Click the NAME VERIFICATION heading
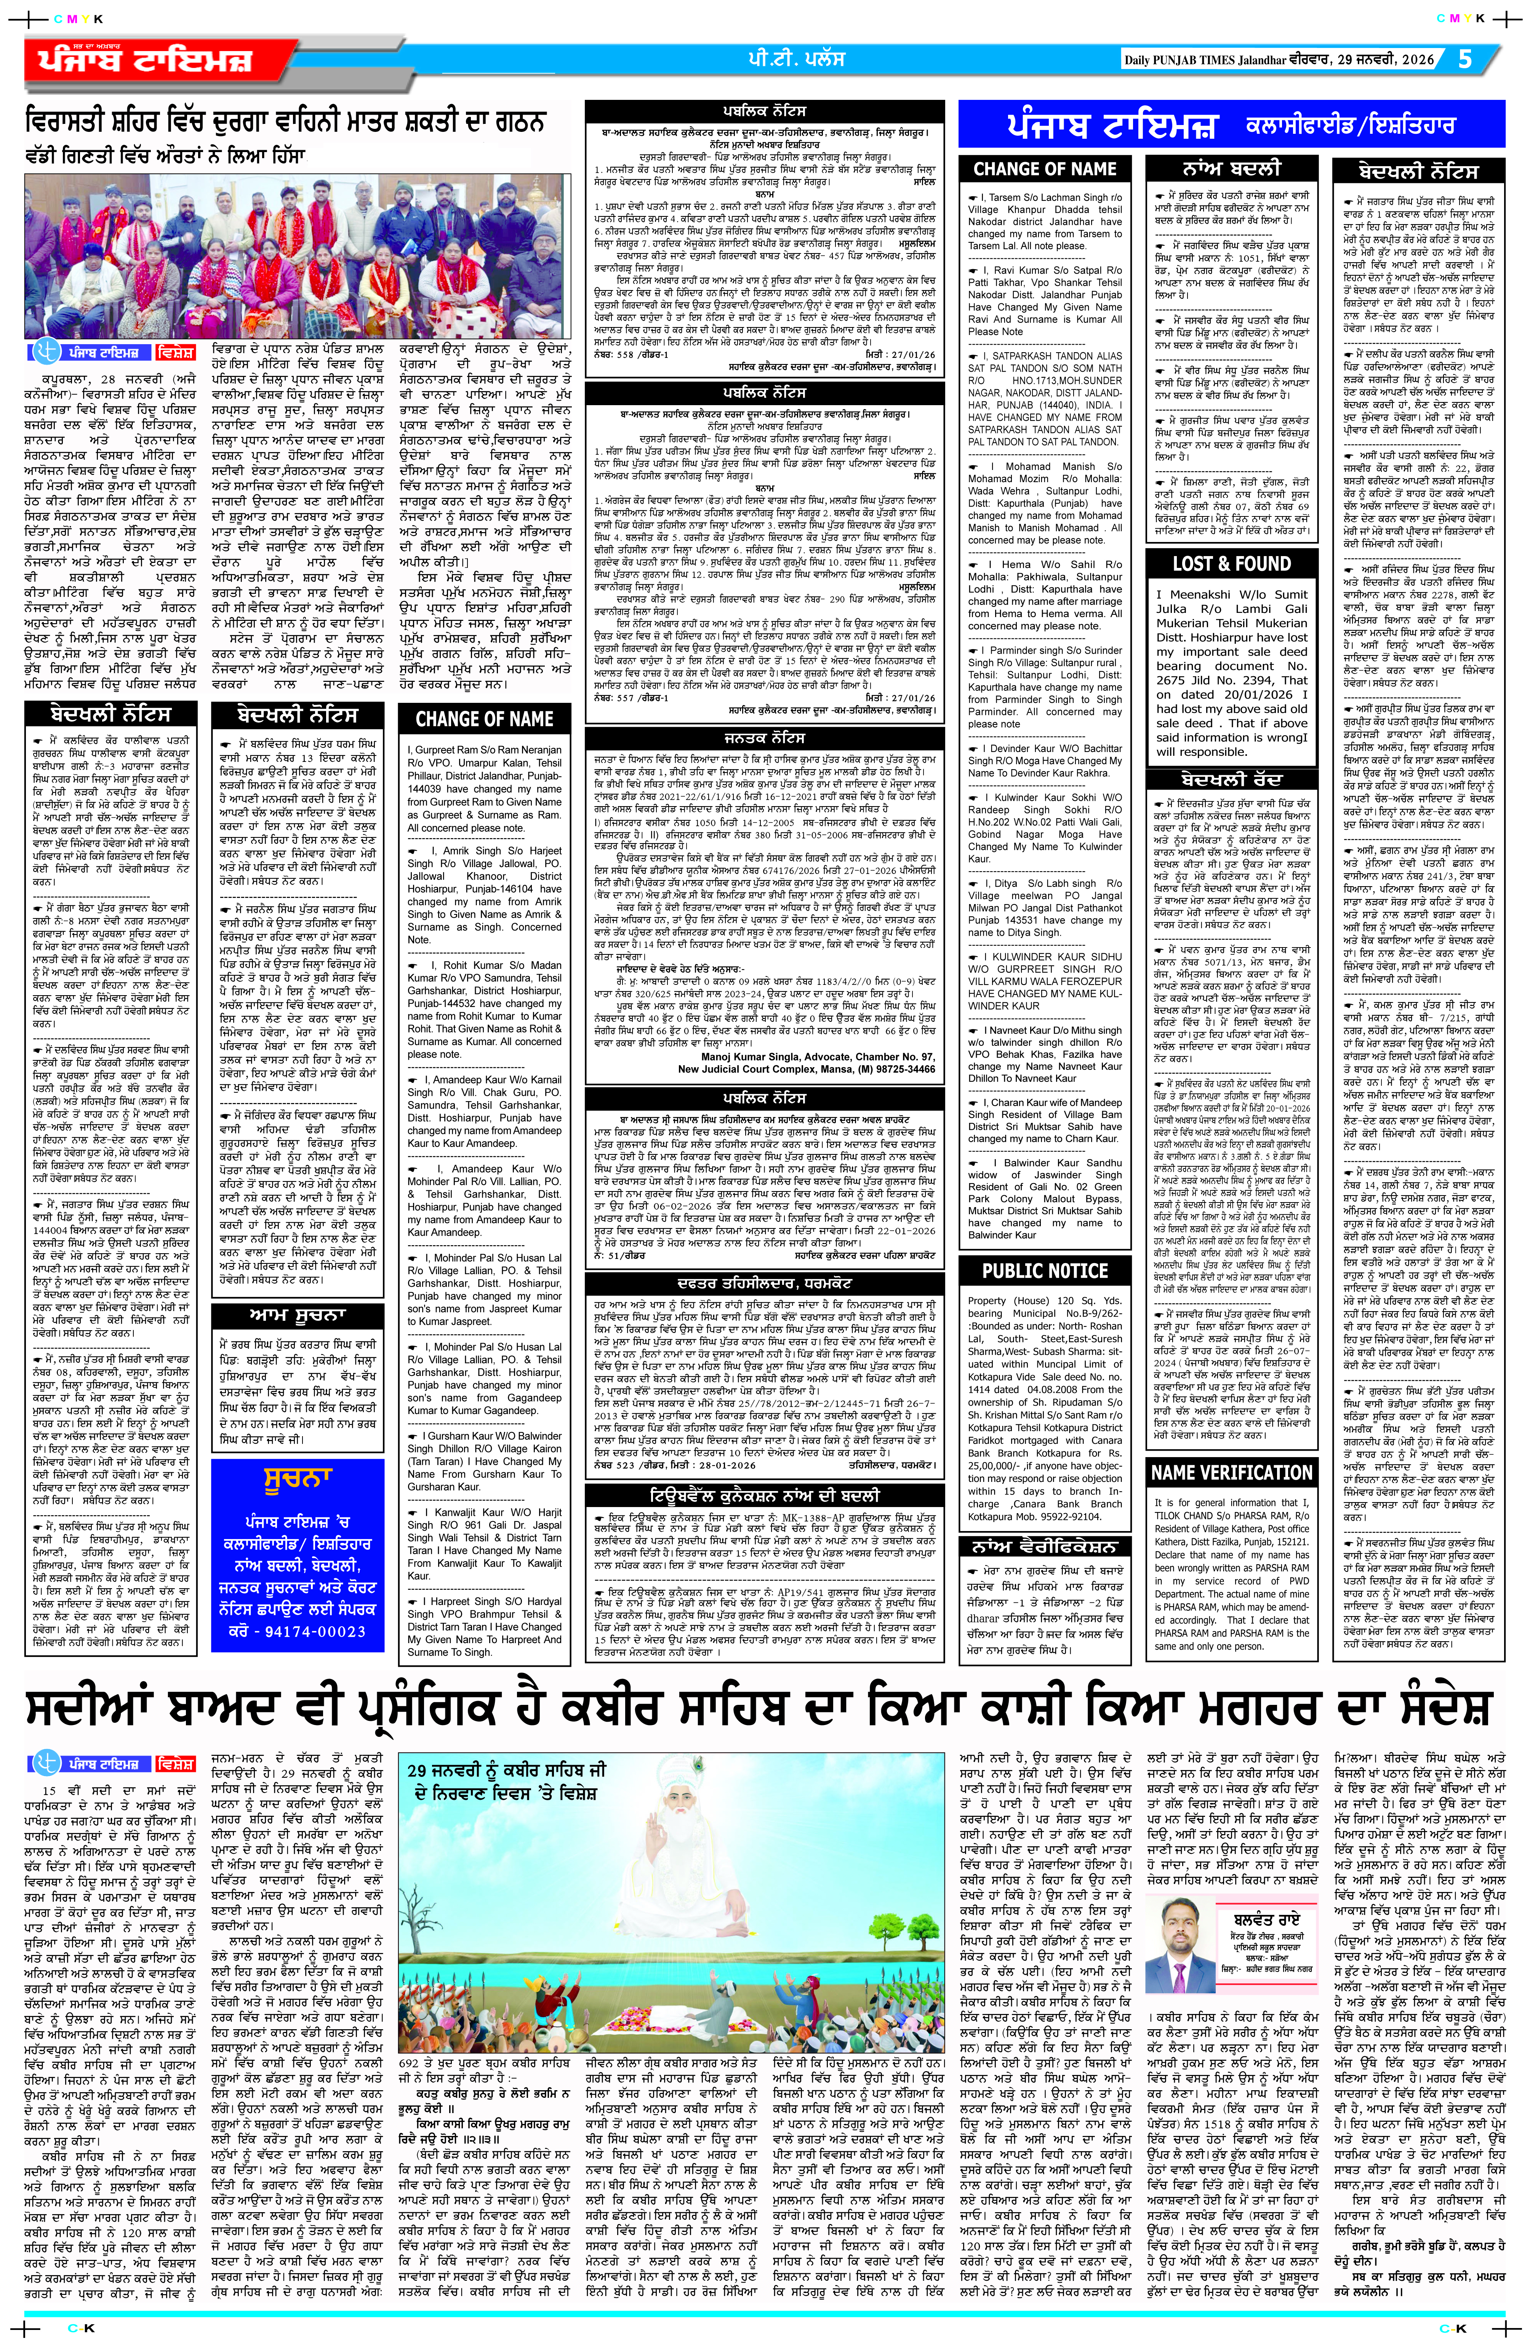(x=1231, y=1472)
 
